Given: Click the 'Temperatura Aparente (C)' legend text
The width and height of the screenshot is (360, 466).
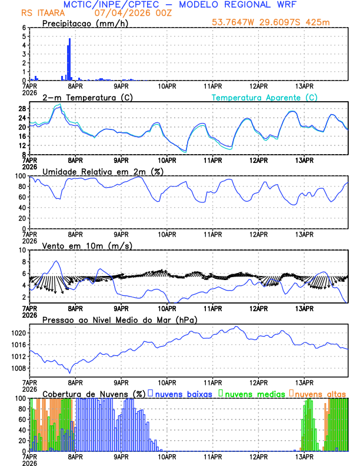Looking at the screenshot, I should click(264, 97).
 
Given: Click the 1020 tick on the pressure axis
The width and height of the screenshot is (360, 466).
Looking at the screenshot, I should click(18, 333).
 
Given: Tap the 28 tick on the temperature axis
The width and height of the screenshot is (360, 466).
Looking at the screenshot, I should click(21, 109).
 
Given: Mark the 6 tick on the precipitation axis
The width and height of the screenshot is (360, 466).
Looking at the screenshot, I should click(24, 28).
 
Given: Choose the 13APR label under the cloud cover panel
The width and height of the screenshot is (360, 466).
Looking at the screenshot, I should click(304, 456).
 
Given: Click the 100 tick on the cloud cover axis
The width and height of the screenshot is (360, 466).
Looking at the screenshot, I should click(19, 398).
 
